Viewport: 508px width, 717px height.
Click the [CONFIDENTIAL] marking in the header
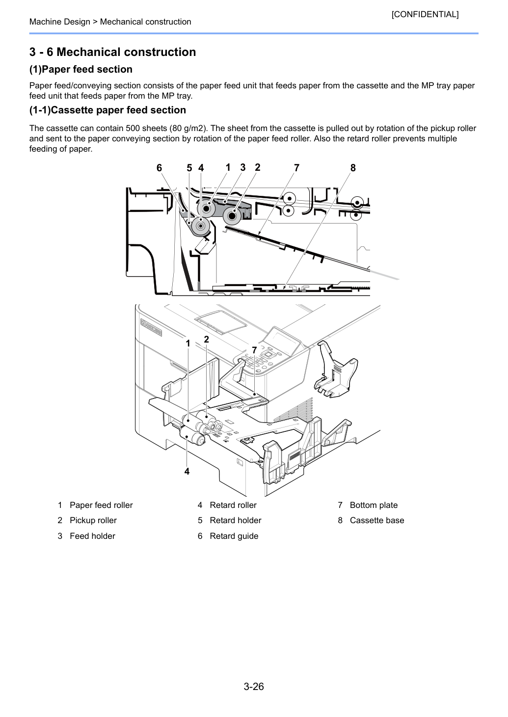[425, 14]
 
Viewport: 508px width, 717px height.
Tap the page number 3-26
[254, 686]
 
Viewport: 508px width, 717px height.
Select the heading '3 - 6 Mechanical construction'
[113, 52]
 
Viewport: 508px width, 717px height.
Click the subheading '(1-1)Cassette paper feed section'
[107, 110]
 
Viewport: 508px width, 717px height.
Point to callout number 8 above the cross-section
[353, 168]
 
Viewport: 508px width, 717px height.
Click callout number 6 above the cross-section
[159, 168]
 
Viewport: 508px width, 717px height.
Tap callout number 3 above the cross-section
[243, 167]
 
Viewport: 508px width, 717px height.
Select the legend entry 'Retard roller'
[233, 505]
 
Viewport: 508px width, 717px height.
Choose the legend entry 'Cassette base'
[377, 520]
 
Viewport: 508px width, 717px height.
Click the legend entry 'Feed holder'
[92, 536]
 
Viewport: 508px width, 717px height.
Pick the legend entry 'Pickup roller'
[93, 520]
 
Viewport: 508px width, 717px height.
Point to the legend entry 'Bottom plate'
[374, 505]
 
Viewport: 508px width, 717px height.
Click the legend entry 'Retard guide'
[234, 536]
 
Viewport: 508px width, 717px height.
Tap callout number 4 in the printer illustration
[187, 471]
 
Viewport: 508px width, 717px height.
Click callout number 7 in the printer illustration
[254, 350]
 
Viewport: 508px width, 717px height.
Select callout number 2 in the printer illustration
[207, 339]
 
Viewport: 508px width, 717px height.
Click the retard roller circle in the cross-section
[201, 226]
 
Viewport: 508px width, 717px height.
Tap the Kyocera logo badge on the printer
[151, 328]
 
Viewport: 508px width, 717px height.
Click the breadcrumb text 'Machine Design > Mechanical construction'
[110, 22]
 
